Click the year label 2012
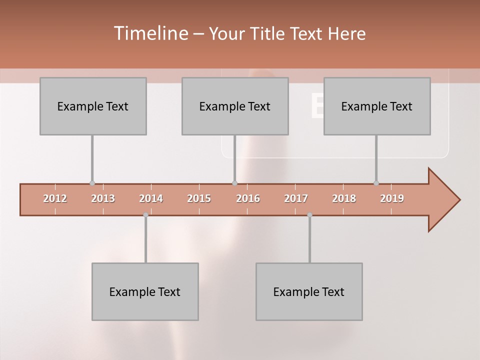pyautogui.click(x=55, y=198)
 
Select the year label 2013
pyautogui.click(x=103, y=198)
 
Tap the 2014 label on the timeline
pyautogui.click(x=151, y=198)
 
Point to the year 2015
pyautogui.click(x=199, y=198)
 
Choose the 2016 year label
pyautogui.click(x=248, y=198)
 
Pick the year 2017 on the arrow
pyautogui.click(x=296, y=198)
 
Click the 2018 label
pyautogui.click(x=344, y=198)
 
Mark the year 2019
pyautogui.click(x=392, y=198)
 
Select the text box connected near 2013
pyautogui.click(x=93, y=106)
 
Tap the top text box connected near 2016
pyautogui.click(x=235, y=106)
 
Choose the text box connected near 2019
pyautogui.click(x=377, y=106)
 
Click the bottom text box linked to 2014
pyautogui.click(x=145, y=291)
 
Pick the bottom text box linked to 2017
pyautogui.click(x=309, y=291)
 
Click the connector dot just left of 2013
pyautogui.click(x=92, y=183)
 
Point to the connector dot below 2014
pyautogui.click(x=145, y=215)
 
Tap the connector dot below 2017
pyautogui.click(x=309, y=215)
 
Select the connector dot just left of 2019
pyautogui.click(x=376, y=183)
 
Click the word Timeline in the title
pyautogui.click(x=150, y=33)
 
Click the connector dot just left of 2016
pyautogui.click(x=234, y=183)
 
